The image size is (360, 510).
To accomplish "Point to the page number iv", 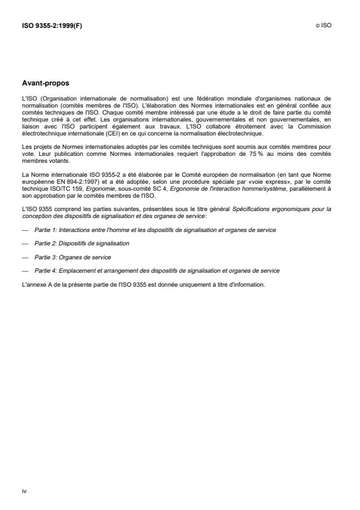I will point(24,491).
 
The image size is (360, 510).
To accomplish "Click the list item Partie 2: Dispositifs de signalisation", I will point(81,243).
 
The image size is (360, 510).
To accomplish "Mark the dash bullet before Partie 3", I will point(24,256).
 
